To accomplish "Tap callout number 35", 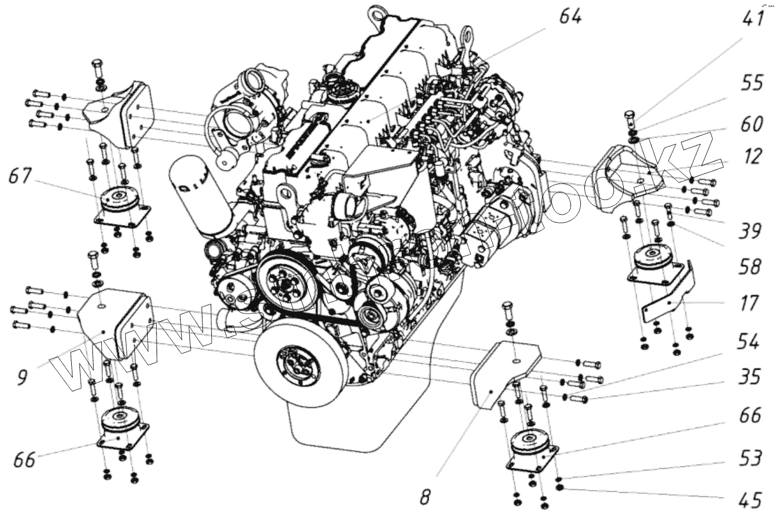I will coord(749,377).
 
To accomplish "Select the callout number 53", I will coord(749,457).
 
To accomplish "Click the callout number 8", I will coord(425,497).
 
